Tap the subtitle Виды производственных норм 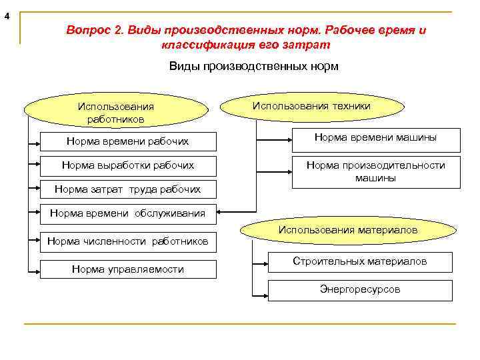pyautogui.click(x=253, y=67)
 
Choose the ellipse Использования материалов pyautogui.click(x=347, y=230)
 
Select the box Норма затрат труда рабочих pyautogui.click(x=127, y=189)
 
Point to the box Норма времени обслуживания pyautogui.click(x=127, y=213)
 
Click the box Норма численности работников pyautogui.click(x=127, y=241)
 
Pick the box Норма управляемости pyautogui.click(x=127, y=269)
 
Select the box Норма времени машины pyautogui.click(x=375, y=138)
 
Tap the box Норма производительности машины pyautogui.click(x=375, y=171)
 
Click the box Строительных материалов pyautogui.click(x=359, y=262)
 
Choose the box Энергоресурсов pyautogui.click(x=359, y=290)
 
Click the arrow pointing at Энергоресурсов pyautogui.click(x=260, y=293)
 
